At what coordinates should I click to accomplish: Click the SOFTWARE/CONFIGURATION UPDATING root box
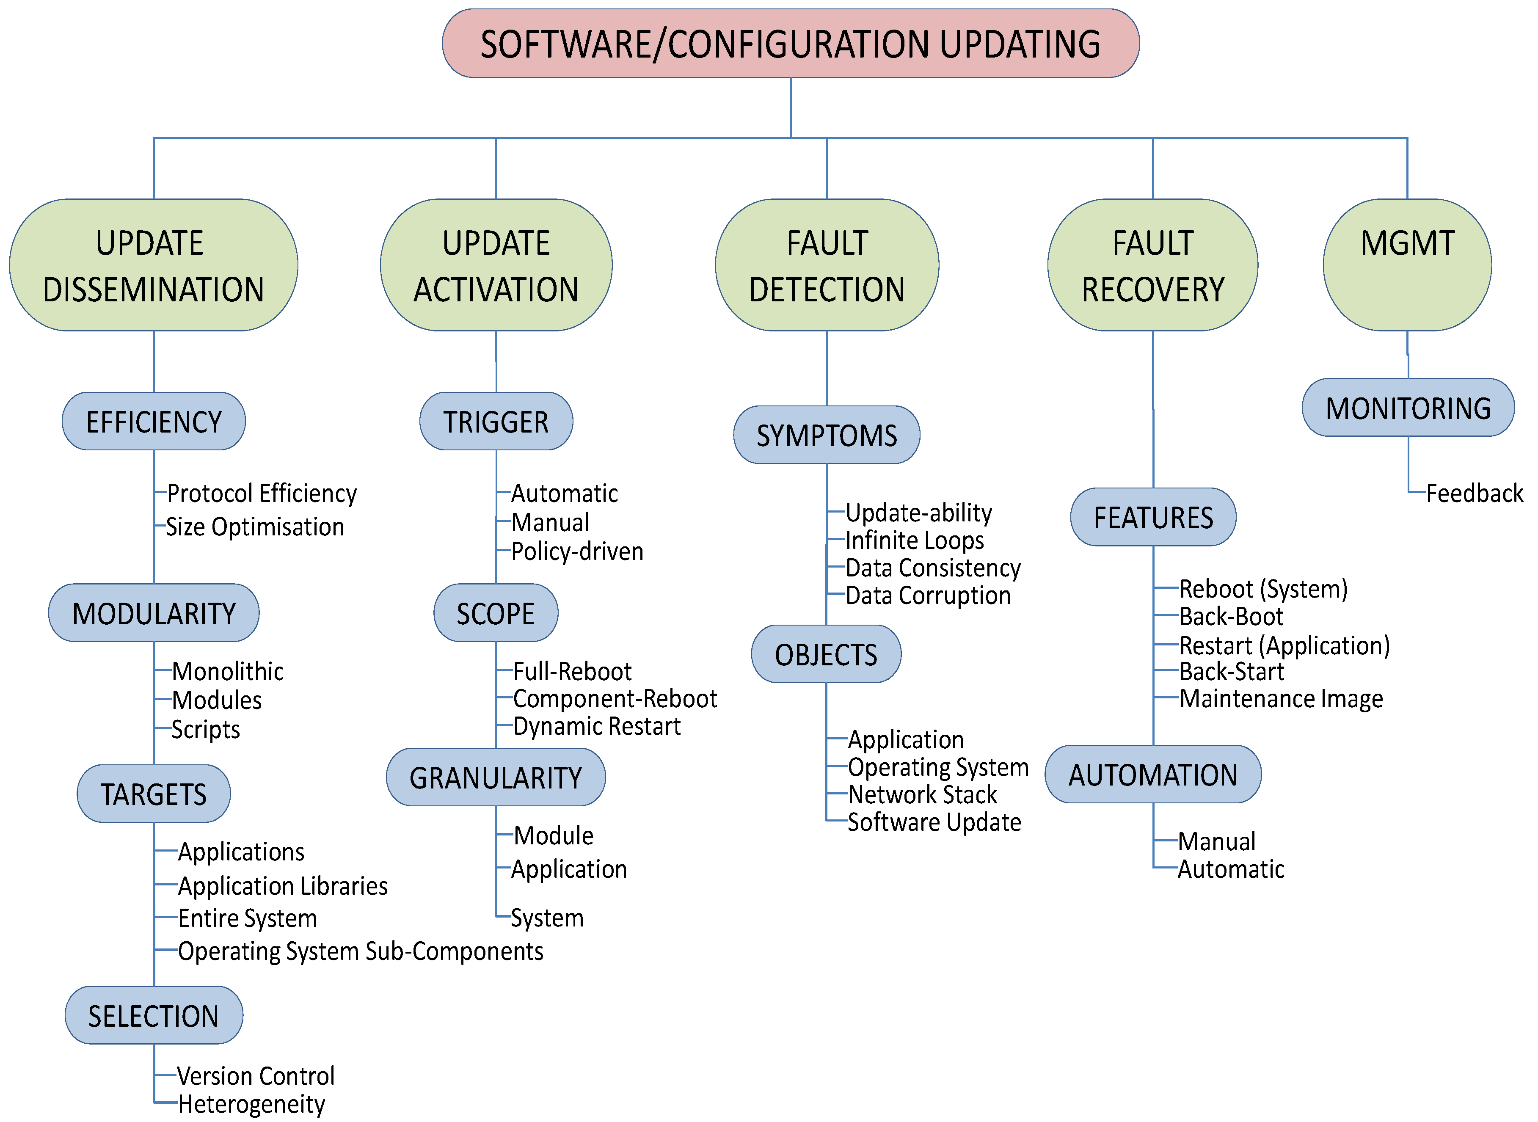(791, 44)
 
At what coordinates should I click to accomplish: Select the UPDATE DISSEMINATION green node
(154, 265)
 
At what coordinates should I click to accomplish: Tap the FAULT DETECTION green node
(827, 265)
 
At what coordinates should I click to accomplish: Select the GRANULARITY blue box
(496, 777)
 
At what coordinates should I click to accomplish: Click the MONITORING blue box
(1408, 408)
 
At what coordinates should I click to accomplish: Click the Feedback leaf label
(1474, 493)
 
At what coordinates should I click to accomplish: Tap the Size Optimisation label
(255, 527)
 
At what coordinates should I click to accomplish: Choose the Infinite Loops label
(915, 540)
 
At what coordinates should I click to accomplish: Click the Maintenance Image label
(1281, 699)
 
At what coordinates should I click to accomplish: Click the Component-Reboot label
(615, 699)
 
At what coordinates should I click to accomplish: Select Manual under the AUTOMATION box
(1216, 841)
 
